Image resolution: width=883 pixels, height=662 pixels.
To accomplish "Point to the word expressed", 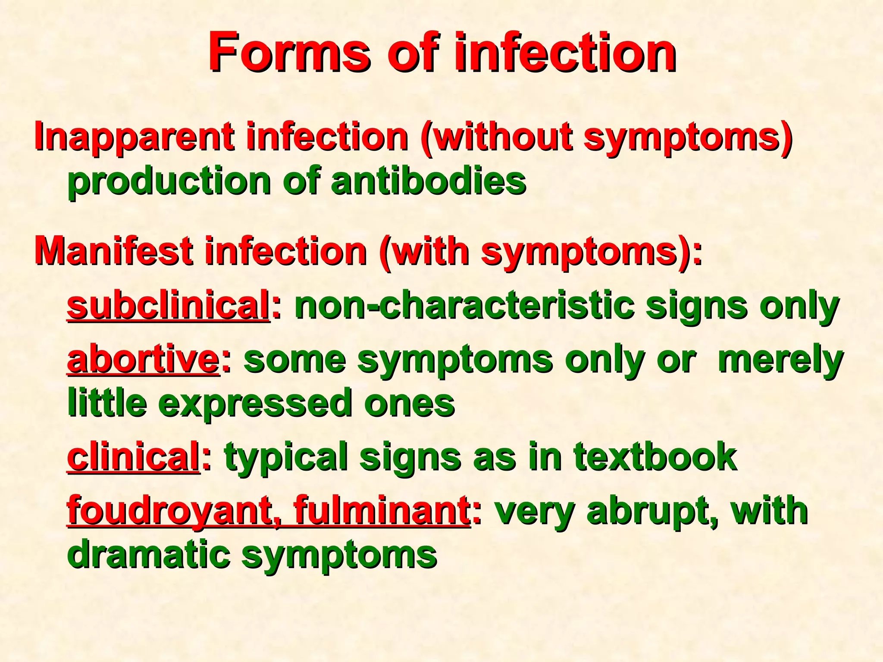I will [x=255, y=403].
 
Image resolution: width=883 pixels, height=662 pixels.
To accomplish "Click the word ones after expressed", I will [x=410, y=403].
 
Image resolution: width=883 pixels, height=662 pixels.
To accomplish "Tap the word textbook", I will [x=655, y=457].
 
